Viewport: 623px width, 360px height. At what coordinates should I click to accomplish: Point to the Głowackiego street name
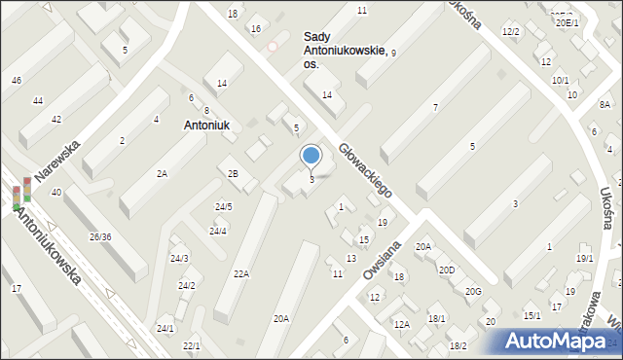pyautogui.click(x=366, y=171)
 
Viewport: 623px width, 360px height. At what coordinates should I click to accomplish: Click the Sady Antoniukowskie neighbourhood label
pyautogui.click(x=345, y=44)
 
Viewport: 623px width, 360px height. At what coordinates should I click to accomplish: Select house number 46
pyautogui.click(x=17, y=80)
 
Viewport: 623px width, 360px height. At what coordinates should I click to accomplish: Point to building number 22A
pyautogui.click(x=240, y=274)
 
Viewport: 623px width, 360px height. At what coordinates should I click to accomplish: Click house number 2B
pyautogui.click(x=233, y=173)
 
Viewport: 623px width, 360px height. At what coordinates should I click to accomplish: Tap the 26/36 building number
pyautogui.click(x=100, y=237)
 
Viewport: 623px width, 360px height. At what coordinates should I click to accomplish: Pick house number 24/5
pyautogui.click(x=223, y=206)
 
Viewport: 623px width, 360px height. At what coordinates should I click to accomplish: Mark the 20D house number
pyautogui.click(x=446, y=270)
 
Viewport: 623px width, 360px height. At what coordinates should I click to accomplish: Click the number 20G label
pyautogui.click(x=473, y=292)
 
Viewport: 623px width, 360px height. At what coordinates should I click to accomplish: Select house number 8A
pyautogui.click(x=605, y=104)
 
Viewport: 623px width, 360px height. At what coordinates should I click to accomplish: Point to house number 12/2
pyautogui.click(x=511, y=32)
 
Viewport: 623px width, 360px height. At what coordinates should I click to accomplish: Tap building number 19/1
pyautogui.click(x=584, y=258)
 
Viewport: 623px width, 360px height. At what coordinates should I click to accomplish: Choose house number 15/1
pyautogui.click(x=531, y=315)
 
